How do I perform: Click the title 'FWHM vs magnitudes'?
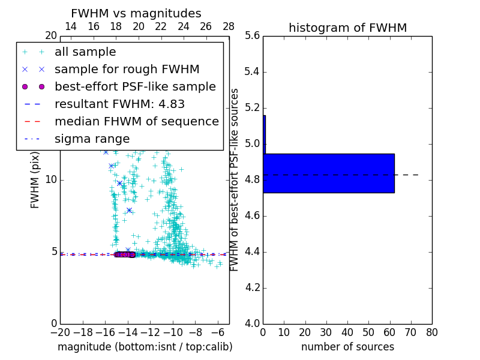(x=136, y=14)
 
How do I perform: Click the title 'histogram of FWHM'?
(x=347, y=28)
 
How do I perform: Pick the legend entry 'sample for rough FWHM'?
(x=127, y=70)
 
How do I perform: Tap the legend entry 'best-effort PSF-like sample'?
(x=135, y=87)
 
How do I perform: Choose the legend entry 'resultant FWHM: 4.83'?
(x=119, y=104)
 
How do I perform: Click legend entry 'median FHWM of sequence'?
(x=136, y=122)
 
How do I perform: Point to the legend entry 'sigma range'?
(x=92, y=139)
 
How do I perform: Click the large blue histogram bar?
(x=329, y=173)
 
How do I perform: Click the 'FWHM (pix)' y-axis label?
(x=35, y=179)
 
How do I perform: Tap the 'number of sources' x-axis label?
(x=347, y=347)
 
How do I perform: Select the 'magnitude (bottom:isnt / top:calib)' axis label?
(x=145, y=347)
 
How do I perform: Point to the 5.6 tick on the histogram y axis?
(x=252, y=36)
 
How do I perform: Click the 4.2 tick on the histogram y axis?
(x=252, y=287)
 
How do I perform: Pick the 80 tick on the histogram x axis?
(x=431, y=332)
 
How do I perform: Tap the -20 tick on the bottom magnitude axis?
(x=60, y=332)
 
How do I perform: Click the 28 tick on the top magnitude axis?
(x=229, y=26)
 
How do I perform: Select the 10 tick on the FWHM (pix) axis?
(x=50, y=180)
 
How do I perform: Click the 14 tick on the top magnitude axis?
(x=71, y=26)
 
